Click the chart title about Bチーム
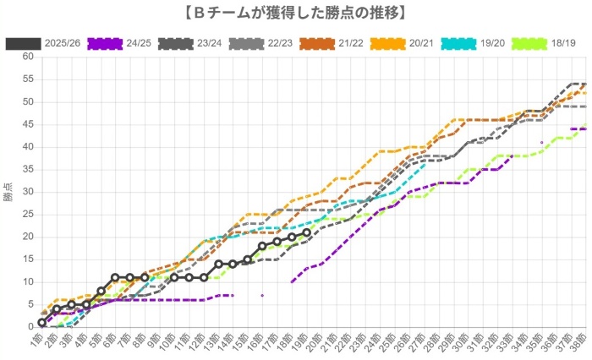point(296,12)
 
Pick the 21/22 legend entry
point(332,41)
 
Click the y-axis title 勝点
point(8,192)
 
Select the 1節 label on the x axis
point(38,341)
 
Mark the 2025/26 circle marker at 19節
point(306,232)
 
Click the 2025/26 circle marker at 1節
point(41,322)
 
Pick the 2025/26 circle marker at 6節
point(115,277)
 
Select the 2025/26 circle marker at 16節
point(262,246)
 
